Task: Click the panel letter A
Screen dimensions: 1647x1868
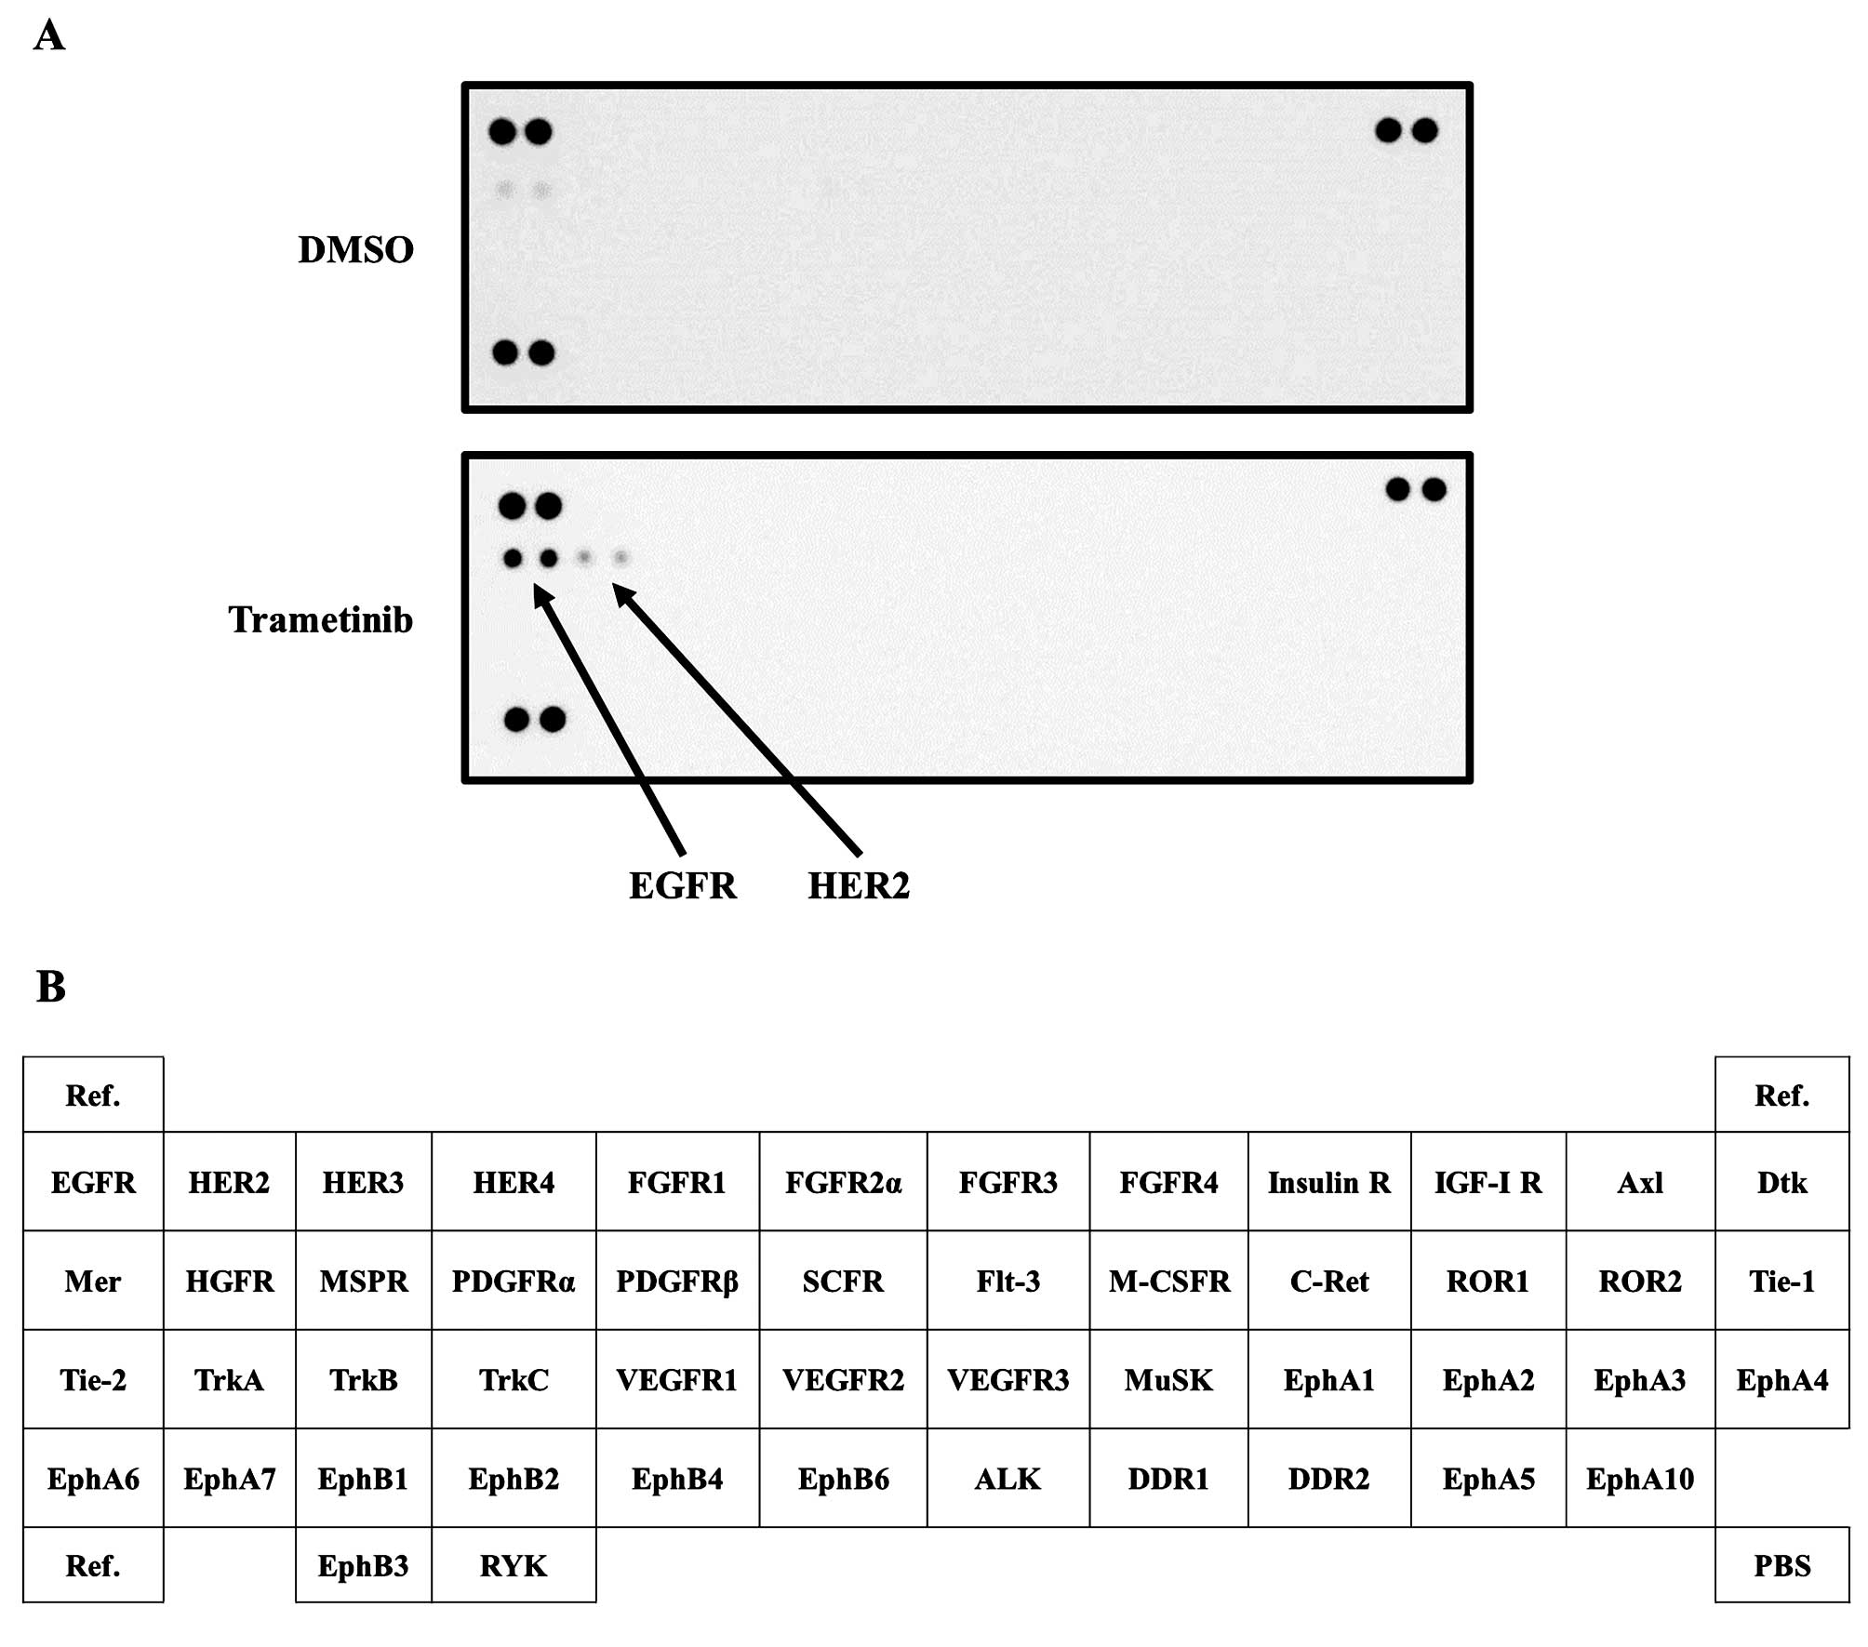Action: pyautogui.click(x=49, y=36)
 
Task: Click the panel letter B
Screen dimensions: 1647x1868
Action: pyautogui.click(x=51, y=987)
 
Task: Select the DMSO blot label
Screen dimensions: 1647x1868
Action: pyautogui.click(x=355, y=250)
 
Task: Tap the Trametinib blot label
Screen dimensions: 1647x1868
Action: pyautogui.click(x=320, y=619)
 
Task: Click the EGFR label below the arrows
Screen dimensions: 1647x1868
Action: pyautogui.click(x=683, y=886)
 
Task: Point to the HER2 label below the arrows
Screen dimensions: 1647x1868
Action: pyautogui.click(x=858, y=886)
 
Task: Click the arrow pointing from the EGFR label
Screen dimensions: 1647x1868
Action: pyautogui.click(x=609, y=720)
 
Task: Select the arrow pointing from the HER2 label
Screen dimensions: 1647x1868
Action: pyautogui.click(x=735, y=718)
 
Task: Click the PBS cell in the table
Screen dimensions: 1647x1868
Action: pyautogui.click(x=1781, y=1566)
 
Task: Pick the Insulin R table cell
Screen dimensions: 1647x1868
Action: pyautogui.click(x=1328, y=1183)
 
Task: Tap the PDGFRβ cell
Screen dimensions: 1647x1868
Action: pyautogui.click(x=676, y=1282)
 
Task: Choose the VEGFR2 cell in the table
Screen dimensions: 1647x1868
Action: pyautogui.click(x=843, y=1380)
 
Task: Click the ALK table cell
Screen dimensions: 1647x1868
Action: pyautogui.click(x=1007, y=1479)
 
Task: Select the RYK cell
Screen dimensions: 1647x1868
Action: pyautogui.click(x=513, y=1566)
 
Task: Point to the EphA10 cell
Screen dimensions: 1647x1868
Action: pyautogui.click(x=1639, y=1479)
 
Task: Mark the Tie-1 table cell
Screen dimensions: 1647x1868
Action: pyautogui.click(x=1781, y=1282)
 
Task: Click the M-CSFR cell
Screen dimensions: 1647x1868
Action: pyautogui.click(x=1168, y=1282)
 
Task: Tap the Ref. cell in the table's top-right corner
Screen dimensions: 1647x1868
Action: pyautogui.click(x=1781, y=1096)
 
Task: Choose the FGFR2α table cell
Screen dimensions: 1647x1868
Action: pyautogui.click(x=843, y=1183)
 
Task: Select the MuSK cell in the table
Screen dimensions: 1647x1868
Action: pyautogui.click(x=1168, y=1380)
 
